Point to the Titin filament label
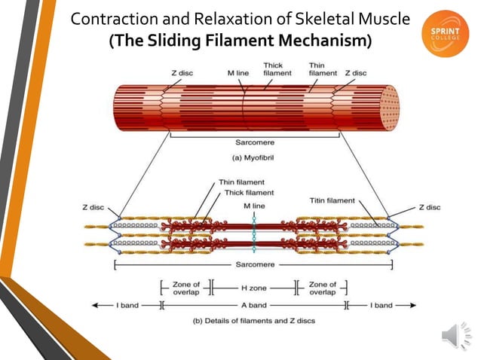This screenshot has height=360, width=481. pyautogui.click(x=332, y=200)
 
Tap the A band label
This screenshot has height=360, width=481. pyautogui.click(x=252, y=307)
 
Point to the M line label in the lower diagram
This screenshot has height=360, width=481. pyautogui.click(x=253, y=205)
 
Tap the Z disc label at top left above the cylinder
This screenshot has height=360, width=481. pyautogui.click(x=183, y=73)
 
